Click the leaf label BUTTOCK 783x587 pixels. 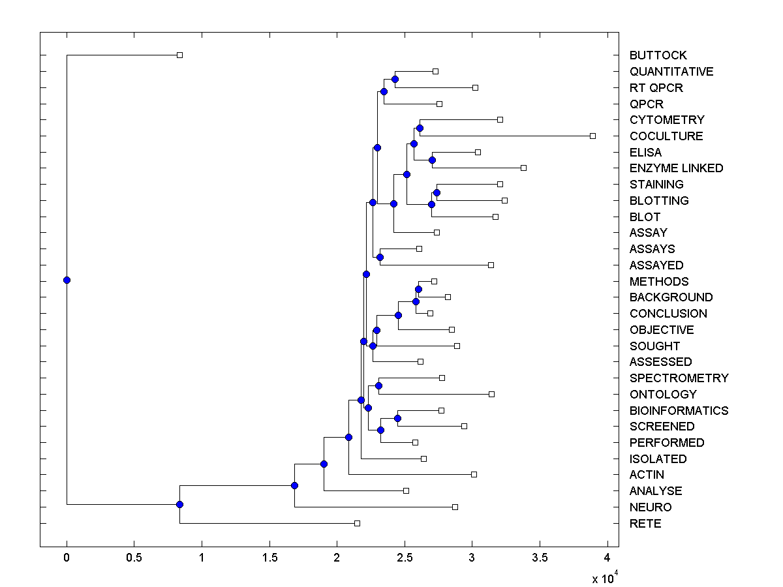coord(658,55)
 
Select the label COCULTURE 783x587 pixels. coord(666,136)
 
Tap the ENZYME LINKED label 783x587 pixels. coord(676,168)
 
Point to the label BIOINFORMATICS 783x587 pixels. coord(679,411)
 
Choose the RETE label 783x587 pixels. coord(645,524)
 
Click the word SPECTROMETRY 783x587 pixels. coord(679,378)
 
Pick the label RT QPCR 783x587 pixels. coord(656,88)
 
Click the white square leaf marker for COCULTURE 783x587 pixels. coord(592,136)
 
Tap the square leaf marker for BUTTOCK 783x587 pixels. coord(180,55)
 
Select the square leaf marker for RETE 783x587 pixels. coord(357,523)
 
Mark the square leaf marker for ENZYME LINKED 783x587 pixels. coord(523,168)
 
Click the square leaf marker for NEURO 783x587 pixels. coord(455,507)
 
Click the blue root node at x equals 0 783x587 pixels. coord(67,280)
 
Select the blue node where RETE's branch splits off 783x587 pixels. coord(179,504)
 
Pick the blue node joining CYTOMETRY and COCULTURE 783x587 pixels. coord(420,128)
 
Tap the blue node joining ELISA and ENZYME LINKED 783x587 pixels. coord(432,160)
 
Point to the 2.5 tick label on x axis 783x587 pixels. coord(405,558)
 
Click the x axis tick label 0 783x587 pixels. coord(67,558)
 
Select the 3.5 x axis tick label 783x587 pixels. coord(540,558)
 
